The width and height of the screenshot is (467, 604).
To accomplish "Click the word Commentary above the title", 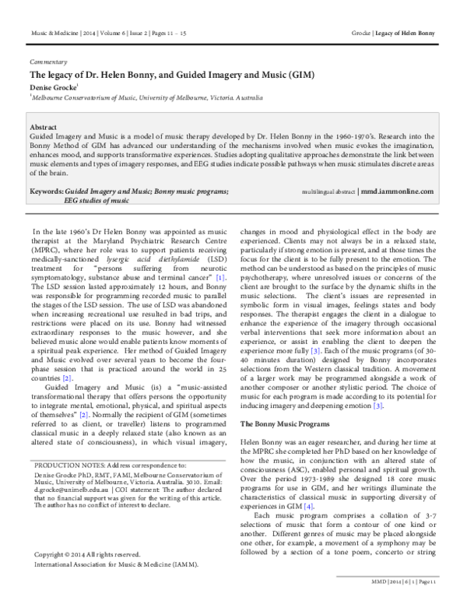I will (47, 61).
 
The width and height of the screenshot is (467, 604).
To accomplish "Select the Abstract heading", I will (44, 125).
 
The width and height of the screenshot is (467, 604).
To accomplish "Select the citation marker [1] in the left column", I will (221, 276).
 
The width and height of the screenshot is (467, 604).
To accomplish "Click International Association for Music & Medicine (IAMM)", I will (115, 564).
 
